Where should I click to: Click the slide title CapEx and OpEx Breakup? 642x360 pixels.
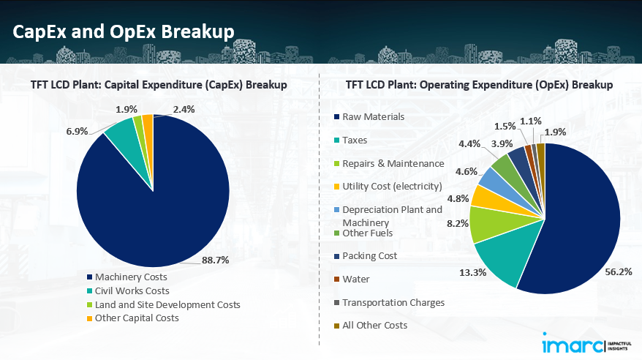123,31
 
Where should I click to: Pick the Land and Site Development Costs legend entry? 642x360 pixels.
167,304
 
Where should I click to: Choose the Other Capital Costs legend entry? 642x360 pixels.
137,318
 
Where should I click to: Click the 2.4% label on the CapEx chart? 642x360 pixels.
185,110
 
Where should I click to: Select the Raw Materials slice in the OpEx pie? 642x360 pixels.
578,220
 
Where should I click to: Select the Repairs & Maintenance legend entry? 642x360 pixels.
393,163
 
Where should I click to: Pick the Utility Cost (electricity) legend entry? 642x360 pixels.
392,187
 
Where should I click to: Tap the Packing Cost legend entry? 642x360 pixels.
370,256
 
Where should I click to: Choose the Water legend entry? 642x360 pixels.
356,279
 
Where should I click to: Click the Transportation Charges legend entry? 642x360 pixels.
393,302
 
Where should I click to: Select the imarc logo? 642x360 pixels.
574,343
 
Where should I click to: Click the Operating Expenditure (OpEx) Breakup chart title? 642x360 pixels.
479,85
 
